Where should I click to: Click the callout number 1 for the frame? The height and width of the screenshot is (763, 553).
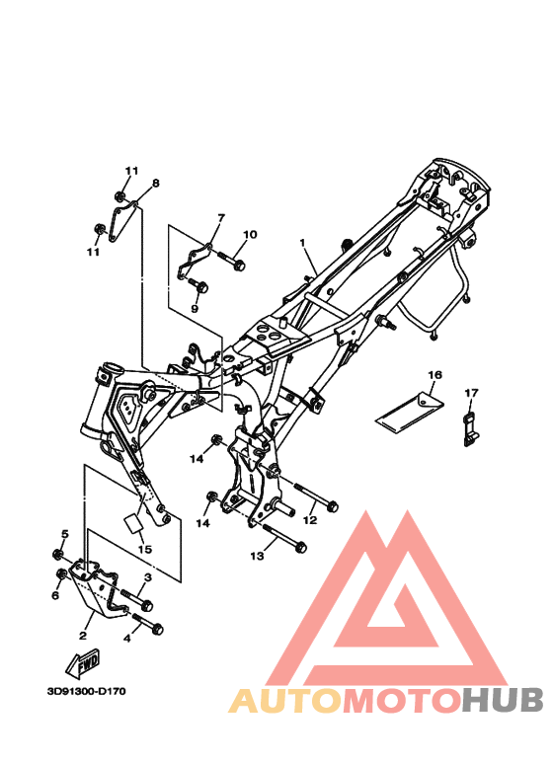[304, 241]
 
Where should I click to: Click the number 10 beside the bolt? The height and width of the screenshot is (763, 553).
[249, 235]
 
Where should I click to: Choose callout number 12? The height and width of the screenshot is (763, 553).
[310, 518]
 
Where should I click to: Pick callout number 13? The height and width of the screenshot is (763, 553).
[257, 557]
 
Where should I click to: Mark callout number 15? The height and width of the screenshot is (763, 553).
[144, 549]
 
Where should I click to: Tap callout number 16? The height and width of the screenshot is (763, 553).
[434, 375]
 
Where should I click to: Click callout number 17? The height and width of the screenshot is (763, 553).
[471, 393]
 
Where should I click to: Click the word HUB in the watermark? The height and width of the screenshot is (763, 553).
[503, 700]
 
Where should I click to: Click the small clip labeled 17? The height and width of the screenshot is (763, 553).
[470, 428]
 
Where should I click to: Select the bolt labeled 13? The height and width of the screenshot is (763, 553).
[287, 541]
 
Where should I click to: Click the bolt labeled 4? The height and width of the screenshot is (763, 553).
[148, 626]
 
